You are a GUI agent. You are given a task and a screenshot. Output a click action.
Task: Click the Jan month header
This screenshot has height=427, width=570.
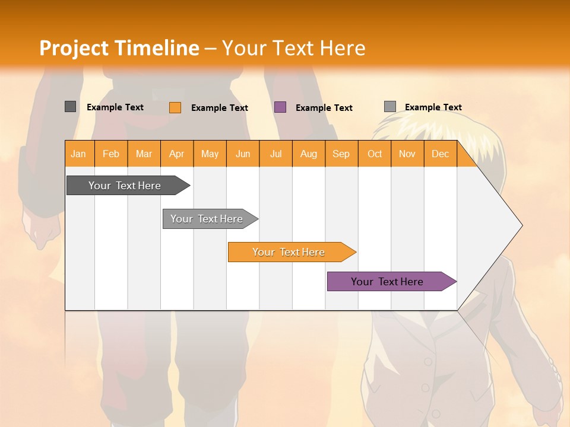coord(79,154)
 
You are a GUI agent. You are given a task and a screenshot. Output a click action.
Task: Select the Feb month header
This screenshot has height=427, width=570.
coord(111,154)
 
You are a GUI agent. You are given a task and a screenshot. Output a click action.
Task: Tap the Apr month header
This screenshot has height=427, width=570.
coord(177,154)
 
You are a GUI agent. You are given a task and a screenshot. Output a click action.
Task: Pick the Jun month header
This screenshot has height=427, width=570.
coord(243,154)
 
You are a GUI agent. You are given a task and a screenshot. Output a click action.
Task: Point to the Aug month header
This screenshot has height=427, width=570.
coord(309,154)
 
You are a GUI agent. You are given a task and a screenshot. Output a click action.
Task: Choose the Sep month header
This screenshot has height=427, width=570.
coord(341,154)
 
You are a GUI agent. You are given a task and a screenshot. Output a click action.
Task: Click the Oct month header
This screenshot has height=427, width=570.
coord(375,154)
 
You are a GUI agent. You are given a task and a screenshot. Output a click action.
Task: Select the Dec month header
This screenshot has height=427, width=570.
coord(441,154)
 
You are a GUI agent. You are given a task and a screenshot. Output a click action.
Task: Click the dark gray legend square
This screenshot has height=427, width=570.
coord(71,107)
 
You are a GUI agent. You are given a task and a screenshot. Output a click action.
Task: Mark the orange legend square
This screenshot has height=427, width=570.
coord(175,107)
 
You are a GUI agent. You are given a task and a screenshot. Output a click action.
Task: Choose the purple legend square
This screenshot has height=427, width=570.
coord(280,107)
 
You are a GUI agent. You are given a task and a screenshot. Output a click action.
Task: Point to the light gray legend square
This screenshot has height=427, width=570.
coord(390,107)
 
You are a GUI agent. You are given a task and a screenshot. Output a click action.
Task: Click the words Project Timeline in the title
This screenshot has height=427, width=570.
coord(119,48)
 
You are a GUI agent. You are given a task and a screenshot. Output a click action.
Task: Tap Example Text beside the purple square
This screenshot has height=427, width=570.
coord(324,108)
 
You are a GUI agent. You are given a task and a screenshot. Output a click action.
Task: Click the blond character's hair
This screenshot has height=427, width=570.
coord(416,128)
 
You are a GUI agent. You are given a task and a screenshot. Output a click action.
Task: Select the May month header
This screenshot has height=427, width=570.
coord(210,154)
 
